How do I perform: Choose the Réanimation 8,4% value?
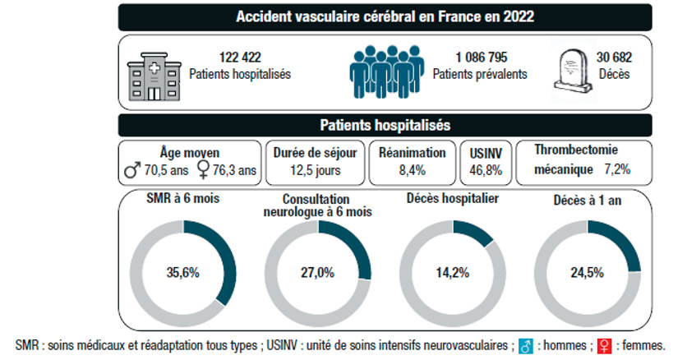pyautogui.click(x=413, y=171)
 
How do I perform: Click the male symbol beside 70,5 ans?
pyautogui.click(x=130, y=171)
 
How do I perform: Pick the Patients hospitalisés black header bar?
pyautogui.click(x=385, y=125)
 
